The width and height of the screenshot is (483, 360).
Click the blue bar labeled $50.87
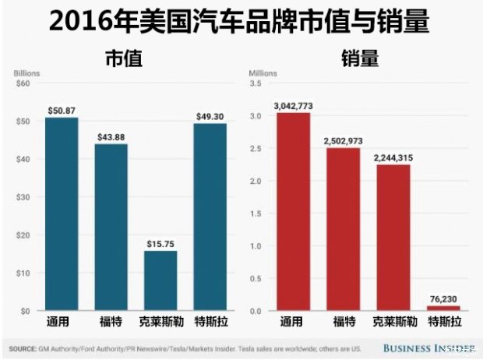pos(62,214)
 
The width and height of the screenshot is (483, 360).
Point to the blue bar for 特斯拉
pos(210,217)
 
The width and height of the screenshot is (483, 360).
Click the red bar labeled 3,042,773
pos(293,212)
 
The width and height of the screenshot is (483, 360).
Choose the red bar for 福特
pos(343,229)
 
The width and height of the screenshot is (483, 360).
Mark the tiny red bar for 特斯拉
pos(442,308)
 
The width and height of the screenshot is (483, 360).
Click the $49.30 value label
pos(210,116)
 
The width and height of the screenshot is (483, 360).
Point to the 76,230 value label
pos(442,298)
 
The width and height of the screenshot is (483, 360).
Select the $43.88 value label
pos(111,136)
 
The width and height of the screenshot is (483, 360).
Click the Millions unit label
pos(263,74)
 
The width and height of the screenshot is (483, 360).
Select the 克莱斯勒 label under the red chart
pos(393,321)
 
